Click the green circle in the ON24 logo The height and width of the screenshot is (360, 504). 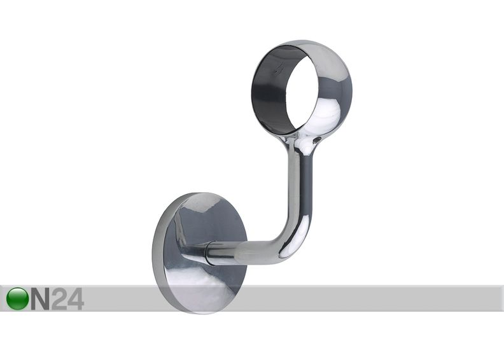(x=17, y=299)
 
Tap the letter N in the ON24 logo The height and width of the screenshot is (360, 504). (x=41, y=299)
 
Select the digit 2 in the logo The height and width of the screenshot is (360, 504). (x=59, y=299)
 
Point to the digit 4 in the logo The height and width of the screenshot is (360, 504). (x=76, y=299)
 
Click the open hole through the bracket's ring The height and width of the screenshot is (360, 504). (x=306, y=96)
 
